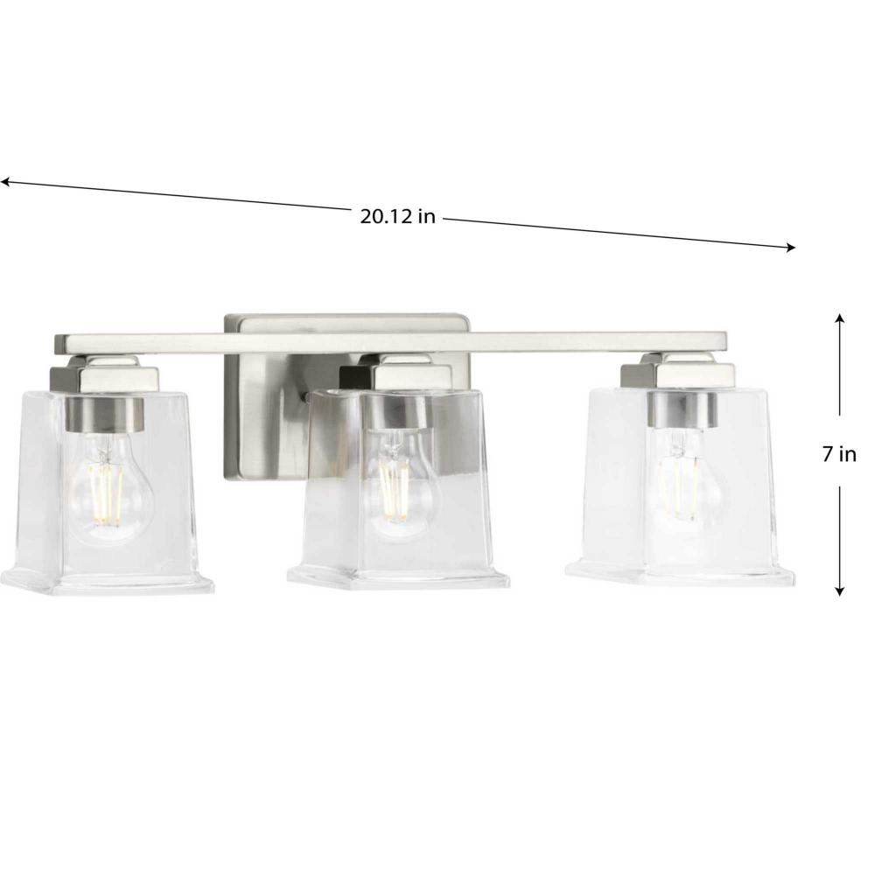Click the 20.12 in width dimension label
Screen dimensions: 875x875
(396, 216)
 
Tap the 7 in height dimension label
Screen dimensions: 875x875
(839, 454)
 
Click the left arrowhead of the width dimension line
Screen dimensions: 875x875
(4, 181)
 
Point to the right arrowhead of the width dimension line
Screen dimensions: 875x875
(790, 248)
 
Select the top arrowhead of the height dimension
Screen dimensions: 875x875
(839, 318)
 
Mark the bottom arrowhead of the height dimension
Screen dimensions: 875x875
(839, 591)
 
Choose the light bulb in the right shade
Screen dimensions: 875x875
(683, 475)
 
